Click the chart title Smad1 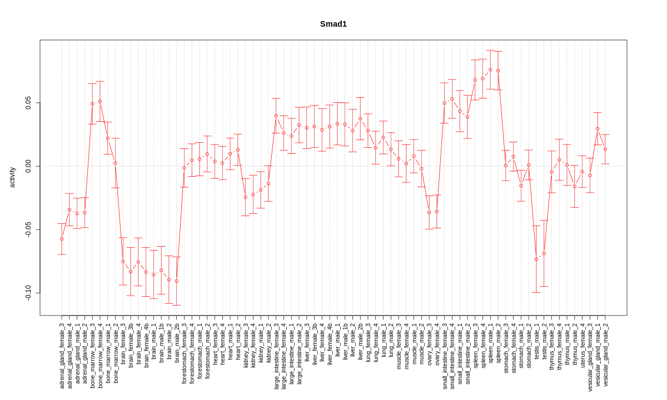point(333,24)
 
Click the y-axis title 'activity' point(12,177)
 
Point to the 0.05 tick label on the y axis point(28,103)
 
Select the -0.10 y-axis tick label point(28,293)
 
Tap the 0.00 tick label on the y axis point(28,166)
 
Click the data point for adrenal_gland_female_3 point(62,239)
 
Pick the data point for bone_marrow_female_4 point(100,101)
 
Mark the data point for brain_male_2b point(177,281)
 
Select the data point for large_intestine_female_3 point(276,116)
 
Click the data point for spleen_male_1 point(490,69)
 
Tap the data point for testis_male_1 point(536,259)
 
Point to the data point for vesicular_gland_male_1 point(598,128)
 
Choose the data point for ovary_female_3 point(429,212)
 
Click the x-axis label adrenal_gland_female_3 point(62,356)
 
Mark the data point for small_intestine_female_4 point(452,99)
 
